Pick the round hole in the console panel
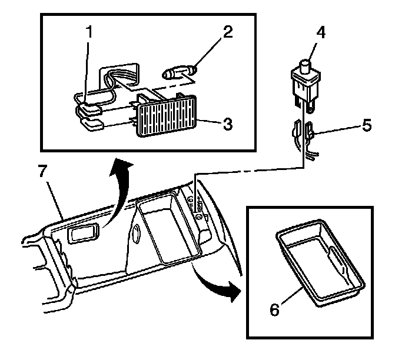tap(135, 233)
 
